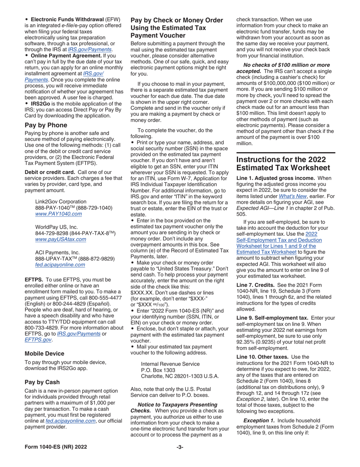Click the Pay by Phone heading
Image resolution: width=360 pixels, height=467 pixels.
[x=46, y=125]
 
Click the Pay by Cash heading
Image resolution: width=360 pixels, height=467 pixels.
[x=42, y=382]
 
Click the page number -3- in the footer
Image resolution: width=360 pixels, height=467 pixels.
[x=180, y=447]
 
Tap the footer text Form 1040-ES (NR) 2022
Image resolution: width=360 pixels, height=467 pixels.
[x=56, y=447]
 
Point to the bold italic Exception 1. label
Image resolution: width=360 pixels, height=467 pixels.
[x=259, y=420]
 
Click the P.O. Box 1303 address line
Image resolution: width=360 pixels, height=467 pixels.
[x=158, y=370]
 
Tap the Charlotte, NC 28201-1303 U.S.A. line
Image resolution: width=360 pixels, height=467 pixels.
[x=180, y=376]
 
